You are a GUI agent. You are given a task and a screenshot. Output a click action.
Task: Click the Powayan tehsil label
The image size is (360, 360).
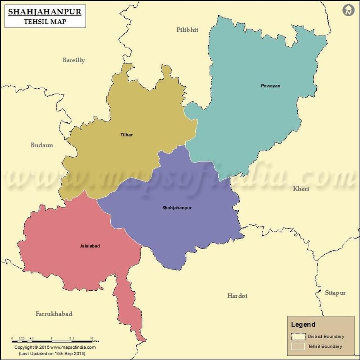point(270,86)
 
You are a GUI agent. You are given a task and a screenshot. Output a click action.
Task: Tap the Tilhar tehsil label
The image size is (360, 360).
point(127,135)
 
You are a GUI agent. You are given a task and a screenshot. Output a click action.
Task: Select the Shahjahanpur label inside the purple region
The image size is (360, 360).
point(177,208)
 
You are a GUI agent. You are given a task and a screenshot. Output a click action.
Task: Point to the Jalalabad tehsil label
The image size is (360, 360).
point(90,246)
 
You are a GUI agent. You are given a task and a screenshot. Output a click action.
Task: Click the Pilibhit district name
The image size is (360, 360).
point(187,30)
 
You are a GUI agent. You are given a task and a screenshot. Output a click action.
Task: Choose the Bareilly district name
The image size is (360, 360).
point(74,60)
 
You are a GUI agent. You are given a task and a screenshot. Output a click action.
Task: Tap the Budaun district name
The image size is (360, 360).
point(42,145)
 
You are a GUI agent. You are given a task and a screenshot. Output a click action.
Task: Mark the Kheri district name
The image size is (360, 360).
point(301,189)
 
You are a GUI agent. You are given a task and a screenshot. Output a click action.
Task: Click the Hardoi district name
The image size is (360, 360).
point(237,296)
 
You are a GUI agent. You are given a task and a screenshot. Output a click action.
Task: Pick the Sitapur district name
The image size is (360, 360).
point(335,293)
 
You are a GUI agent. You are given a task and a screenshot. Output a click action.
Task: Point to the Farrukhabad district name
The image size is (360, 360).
point(54,314)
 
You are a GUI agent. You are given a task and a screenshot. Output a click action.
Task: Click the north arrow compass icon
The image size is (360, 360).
point(348,10)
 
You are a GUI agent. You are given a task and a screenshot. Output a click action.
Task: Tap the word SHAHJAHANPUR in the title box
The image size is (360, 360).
point(45,12)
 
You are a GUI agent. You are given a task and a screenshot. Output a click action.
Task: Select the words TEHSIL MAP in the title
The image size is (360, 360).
point(45,22)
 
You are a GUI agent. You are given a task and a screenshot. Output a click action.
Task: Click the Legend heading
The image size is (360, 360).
point(303,324)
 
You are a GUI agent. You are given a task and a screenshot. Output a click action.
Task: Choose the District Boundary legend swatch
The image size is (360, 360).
point(298,336)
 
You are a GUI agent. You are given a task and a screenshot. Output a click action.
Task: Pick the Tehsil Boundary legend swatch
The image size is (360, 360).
point(298,346)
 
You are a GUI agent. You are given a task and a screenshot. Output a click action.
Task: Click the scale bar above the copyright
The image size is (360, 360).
point(52,341)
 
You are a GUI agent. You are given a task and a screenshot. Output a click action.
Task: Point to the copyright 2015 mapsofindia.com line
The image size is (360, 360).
point(55,347)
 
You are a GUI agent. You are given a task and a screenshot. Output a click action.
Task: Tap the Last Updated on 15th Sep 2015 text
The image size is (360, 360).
point(52,353)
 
